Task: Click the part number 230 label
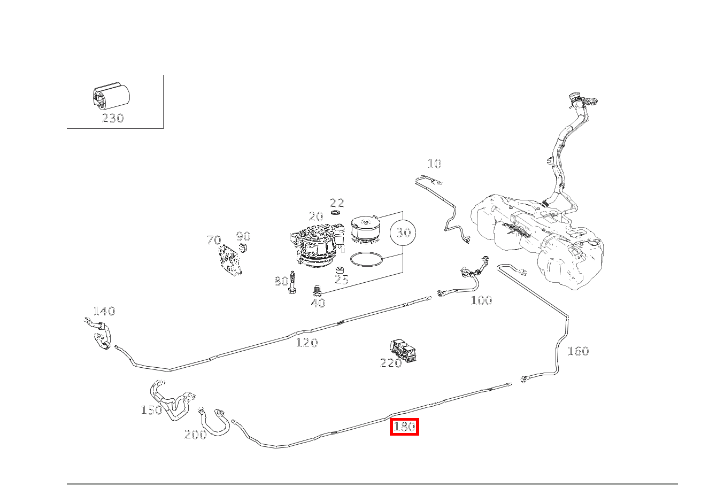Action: click(112, 118)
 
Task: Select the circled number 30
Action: click(403, 233)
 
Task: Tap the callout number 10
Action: click(434, 164)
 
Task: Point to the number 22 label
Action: click(337, 203)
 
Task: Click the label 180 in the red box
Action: click(404, 427)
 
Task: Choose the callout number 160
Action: click(577, 351)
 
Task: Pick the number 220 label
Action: click(390, 363)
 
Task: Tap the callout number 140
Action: click(104, 311)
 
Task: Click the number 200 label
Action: click(195, 435)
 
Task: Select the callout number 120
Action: click(307, 343)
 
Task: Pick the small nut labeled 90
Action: click(244, 247)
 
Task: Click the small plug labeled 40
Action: click(318, 291)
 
